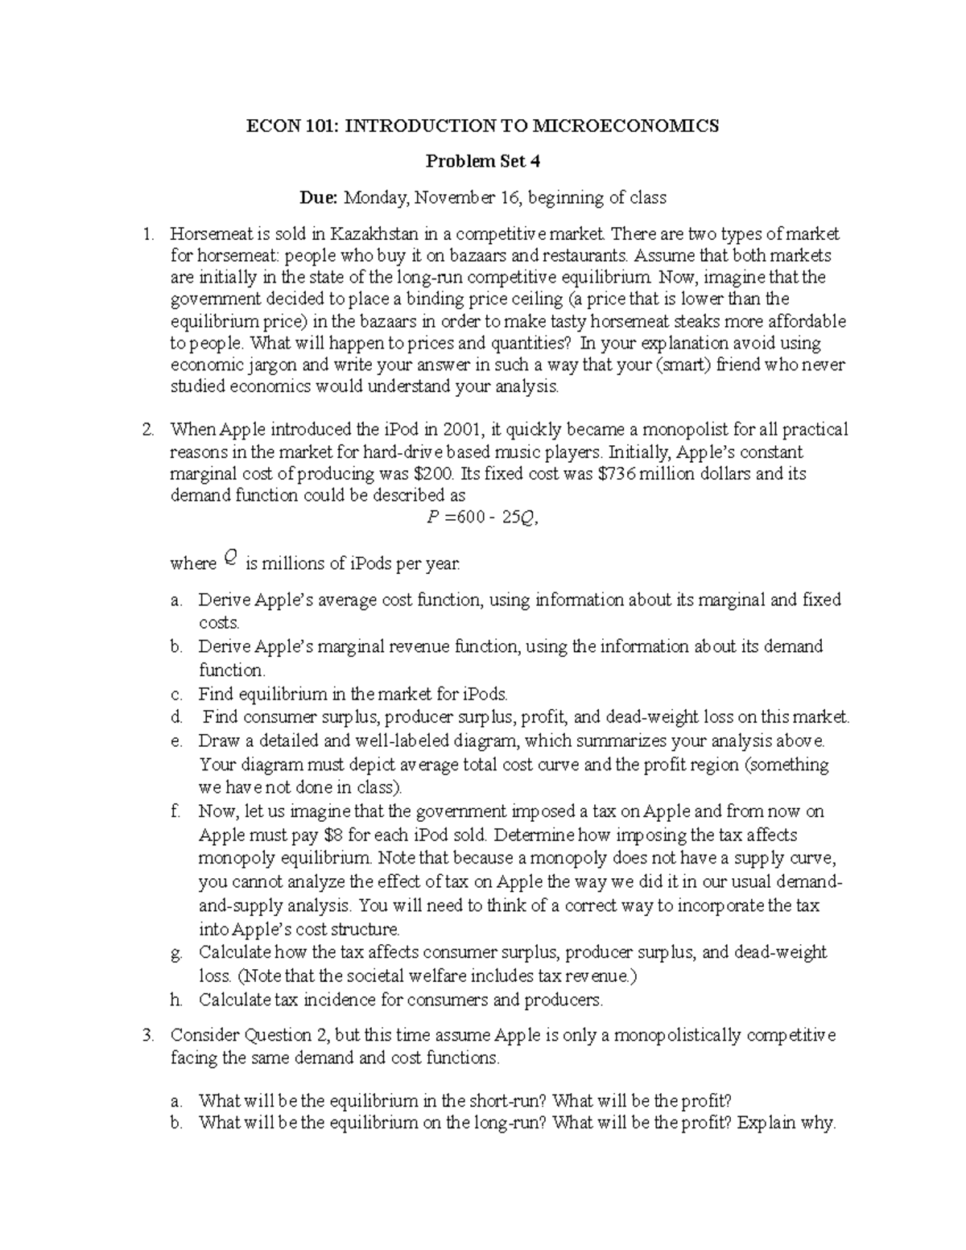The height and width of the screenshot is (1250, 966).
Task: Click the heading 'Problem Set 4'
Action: click(x=482, y=162)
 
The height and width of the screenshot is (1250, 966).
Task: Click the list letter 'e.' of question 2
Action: click(x=177, y=741)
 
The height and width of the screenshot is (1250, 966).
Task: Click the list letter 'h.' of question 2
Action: click(x=177, y=1000)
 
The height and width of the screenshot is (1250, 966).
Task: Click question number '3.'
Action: click(x=147, y=1035)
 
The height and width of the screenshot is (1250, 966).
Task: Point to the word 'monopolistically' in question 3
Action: click(x=678, y=1035)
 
